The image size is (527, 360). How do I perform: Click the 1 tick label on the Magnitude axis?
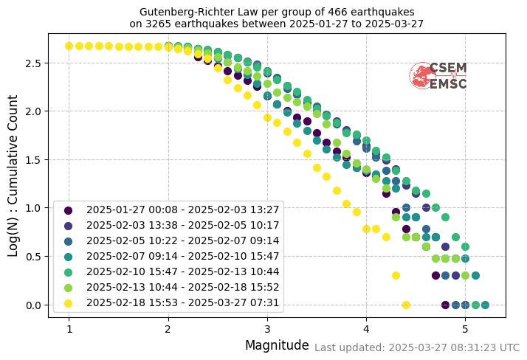pos(69,328)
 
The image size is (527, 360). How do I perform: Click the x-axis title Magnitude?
pos(277,345)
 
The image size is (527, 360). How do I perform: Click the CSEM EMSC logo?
pos(438,76)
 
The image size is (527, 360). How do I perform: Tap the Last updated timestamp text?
pos(417,347)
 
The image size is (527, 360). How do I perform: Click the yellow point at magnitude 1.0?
pos(69,46)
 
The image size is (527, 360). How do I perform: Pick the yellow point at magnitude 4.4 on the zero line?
pos(406,305)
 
